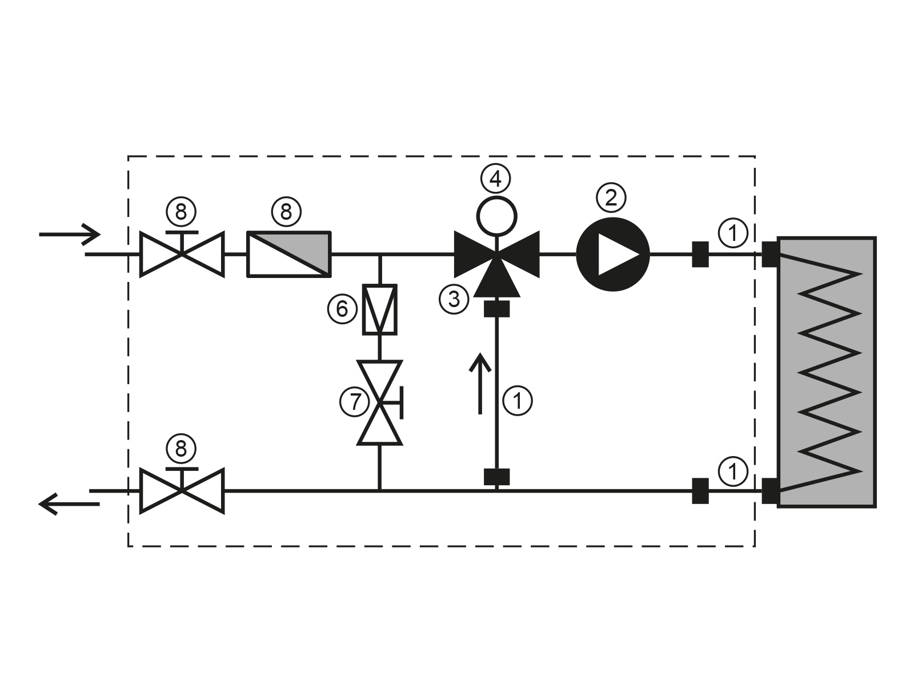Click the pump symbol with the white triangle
(612, 255)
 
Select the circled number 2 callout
(611, 198)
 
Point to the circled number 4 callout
(495, 179)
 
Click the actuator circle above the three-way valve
(496, 215)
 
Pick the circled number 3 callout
(454, 298)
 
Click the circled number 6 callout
(342, 309)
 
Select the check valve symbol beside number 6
(380, 309)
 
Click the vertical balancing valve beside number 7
(380, 402)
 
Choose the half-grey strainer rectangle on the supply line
(289, 254)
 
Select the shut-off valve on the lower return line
(182, 490)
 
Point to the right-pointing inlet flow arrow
(69, 233)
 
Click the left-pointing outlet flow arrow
(69, 503)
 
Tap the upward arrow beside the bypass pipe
(480, 383)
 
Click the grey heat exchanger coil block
(827, 372)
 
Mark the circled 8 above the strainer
(286, 212)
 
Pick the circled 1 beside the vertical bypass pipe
(517, 400)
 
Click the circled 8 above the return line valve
(181, 449)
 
